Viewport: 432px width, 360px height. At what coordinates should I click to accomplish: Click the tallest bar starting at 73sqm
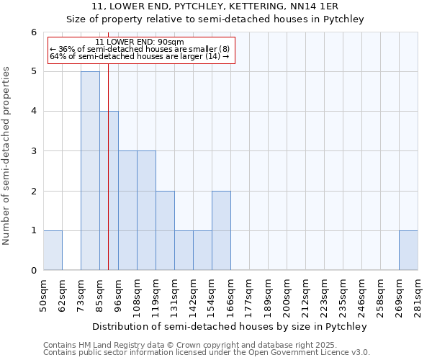(x=90, y=171)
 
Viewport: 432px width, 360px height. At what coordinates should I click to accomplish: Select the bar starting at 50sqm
(x=53, y=250)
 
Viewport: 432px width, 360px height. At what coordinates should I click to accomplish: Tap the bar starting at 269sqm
(x=408, y=250)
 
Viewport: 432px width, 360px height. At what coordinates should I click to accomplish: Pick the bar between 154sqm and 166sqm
(x=221, y=230)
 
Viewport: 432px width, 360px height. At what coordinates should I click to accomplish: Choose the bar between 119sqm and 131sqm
(x=165, y=230)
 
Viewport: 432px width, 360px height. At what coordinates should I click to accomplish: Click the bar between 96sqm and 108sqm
(x=127, y=210)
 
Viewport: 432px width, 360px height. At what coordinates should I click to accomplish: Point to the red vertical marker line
(x=108, y=180)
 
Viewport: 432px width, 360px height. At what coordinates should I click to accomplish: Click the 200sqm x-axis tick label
(x=287, y=297)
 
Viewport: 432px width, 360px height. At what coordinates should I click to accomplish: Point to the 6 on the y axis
(x=33, y=32)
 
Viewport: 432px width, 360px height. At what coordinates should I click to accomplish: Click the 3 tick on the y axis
(x=33, y=151)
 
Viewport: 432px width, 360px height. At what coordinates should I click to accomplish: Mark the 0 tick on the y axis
(x=33, y=271)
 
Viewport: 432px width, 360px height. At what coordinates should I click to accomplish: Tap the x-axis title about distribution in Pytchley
(x=230, y=326)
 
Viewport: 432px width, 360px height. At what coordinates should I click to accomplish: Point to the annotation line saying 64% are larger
(x=140, y=56)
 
